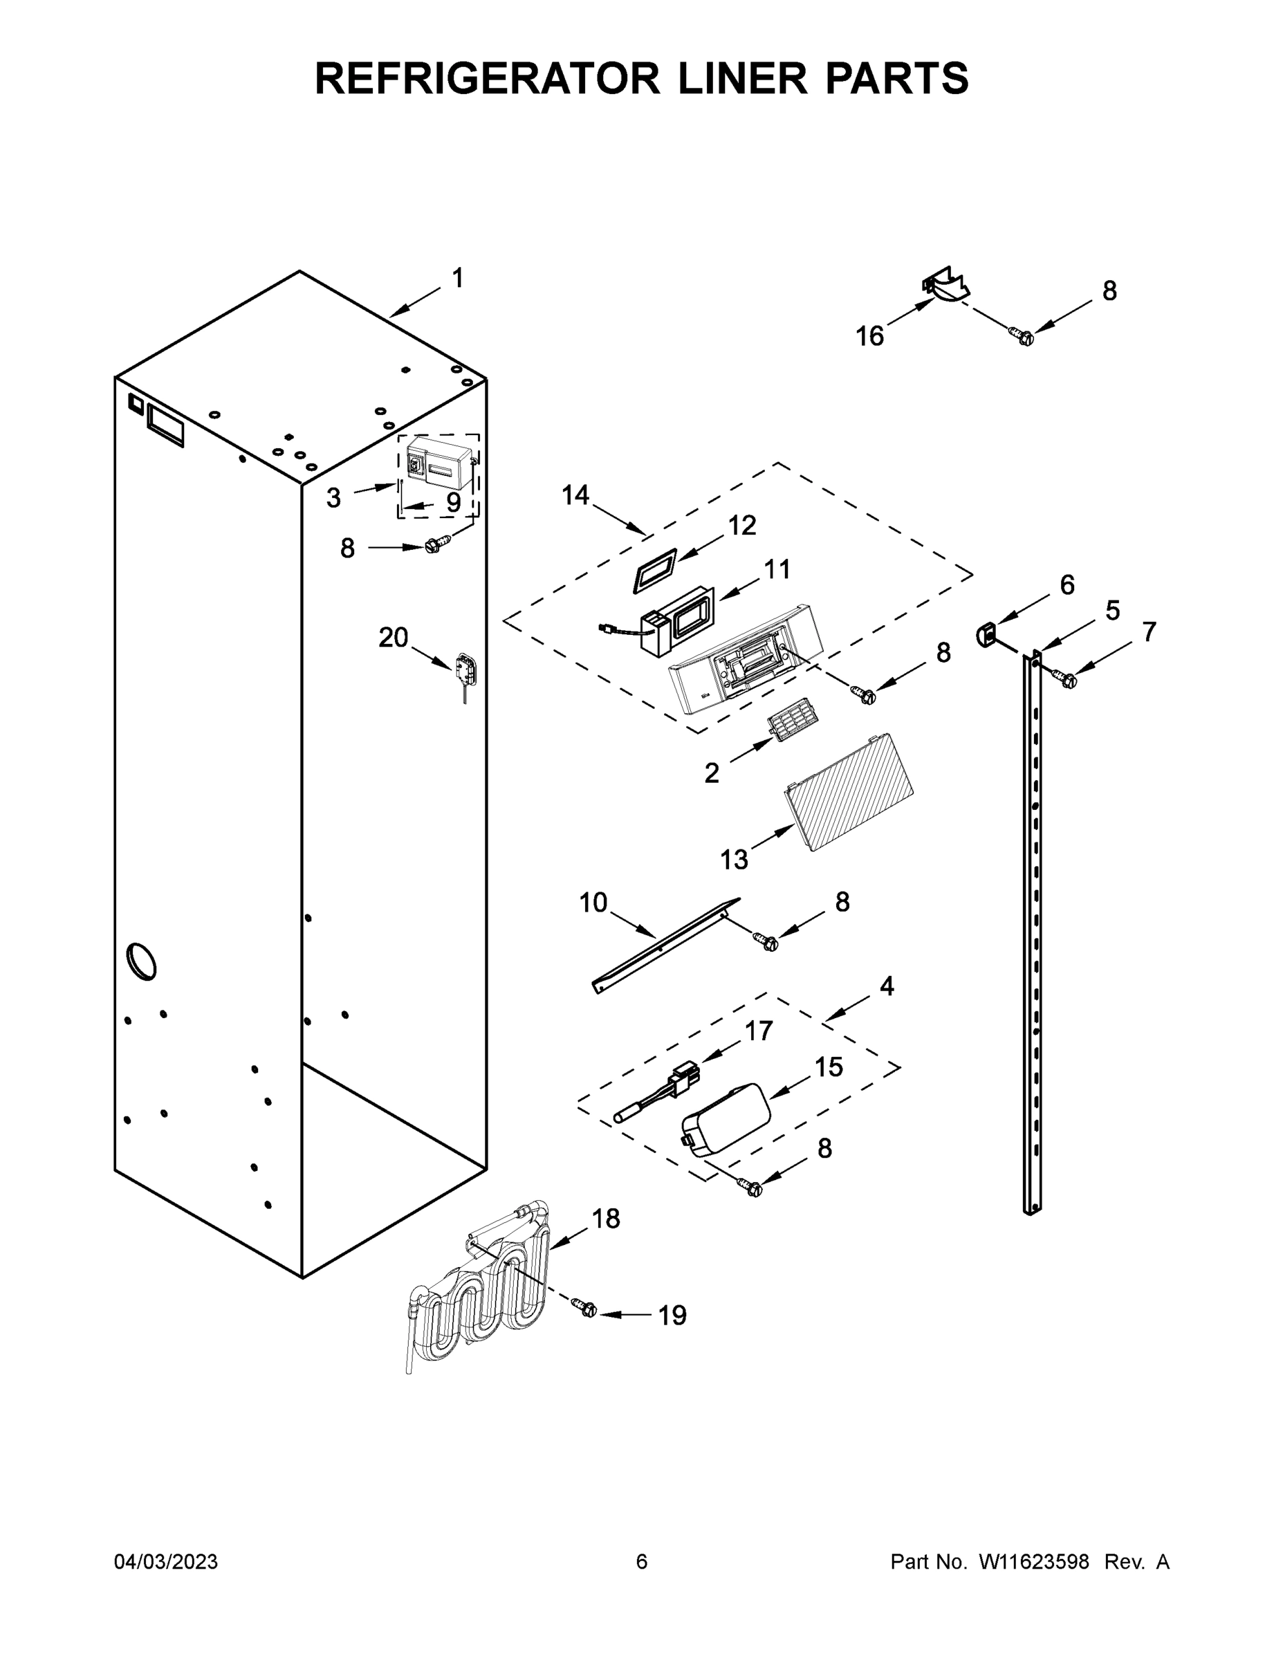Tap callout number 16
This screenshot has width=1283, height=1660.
(869, 335)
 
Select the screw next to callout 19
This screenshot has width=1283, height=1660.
(587, 1308)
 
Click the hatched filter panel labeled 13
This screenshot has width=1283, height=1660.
(849, 792)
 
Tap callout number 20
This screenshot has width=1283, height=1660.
(393, 637)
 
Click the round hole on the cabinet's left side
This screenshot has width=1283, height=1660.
(143, 961)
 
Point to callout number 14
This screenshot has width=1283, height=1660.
(575, 495)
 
